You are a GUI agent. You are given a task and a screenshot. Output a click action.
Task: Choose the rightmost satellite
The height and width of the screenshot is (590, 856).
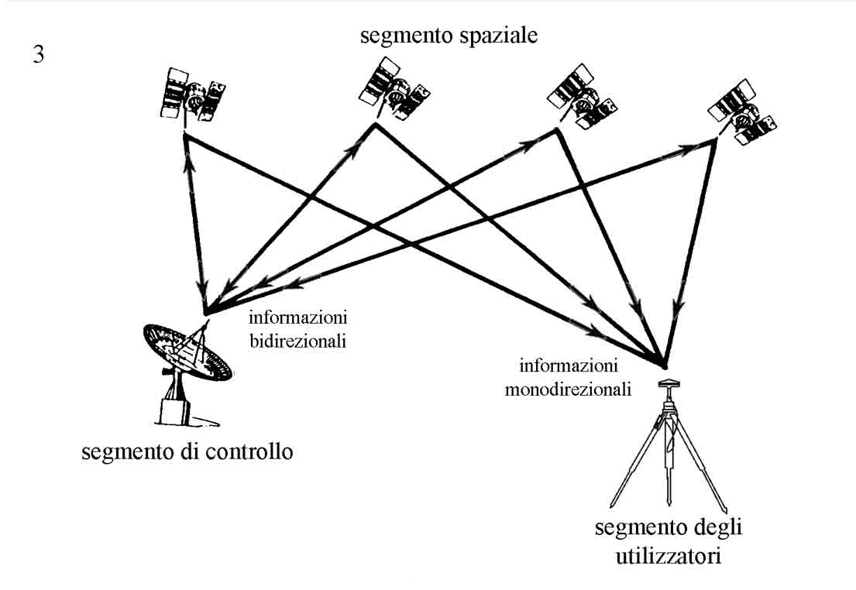click(x=743, y=113)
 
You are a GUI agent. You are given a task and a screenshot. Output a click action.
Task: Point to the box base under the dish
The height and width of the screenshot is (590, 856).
click(x=177, y=410)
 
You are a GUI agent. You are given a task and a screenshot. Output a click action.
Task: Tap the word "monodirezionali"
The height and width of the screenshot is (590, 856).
click(x=568, y=389)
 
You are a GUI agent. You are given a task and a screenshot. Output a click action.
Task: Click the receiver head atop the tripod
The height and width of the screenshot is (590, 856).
click(x=668, y=383)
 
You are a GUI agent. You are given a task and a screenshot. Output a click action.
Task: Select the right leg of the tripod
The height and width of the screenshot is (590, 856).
click(x=702, y=457)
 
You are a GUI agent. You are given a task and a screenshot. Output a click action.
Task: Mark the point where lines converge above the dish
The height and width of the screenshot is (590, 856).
click(x=206, y=314)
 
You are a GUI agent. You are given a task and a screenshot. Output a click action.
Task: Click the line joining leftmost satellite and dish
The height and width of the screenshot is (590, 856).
click(x=195, y=225)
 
